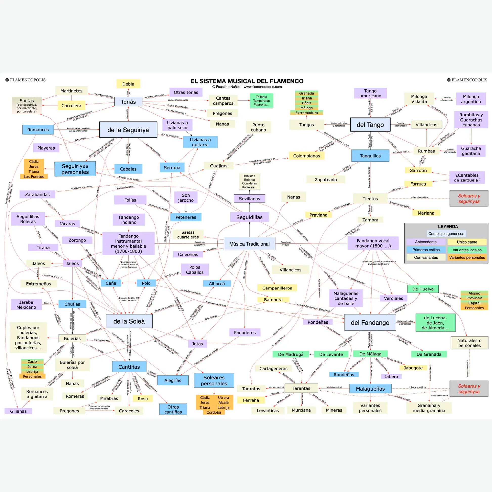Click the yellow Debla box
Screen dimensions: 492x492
(x=128, y=84)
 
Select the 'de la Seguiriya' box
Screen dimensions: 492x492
(x=128, y=130)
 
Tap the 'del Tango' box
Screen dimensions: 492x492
(x=370, y=125)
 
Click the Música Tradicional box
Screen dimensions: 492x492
(x=249, y=244)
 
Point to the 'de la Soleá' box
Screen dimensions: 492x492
(x=129, y=321)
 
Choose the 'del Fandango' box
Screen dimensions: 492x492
(x=370, y=323)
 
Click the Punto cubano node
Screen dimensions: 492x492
(x=258, y=127)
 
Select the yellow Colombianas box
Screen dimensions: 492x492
(x=306, y=156)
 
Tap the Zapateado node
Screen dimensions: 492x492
(x=326, y=180)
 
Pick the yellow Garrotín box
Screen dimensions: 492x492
(x=418, y=170)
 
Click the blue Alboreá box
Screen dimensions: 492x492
(x=217, y=283)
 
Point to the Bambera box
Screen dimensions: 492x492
(x=273, y=300)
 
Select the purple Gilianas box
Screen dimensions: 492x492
(x=18, y=411)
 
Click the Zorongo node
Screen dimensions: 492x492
(x=77, y=240)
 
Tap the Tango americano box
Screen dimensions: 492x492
(x=370, y=93)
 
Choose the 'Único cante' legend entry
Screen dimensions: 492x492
(x=467, y=242)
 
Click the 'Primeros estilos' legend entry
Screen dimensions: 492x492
(x=426, y=250)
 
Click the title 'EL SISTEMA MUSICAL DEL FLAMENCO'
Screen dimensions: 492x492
(x=247, y=81)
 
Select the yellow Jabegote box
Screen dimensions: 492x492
(x=413, y=368)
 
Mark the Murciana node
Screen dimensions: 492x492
(x=301, y=410)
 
